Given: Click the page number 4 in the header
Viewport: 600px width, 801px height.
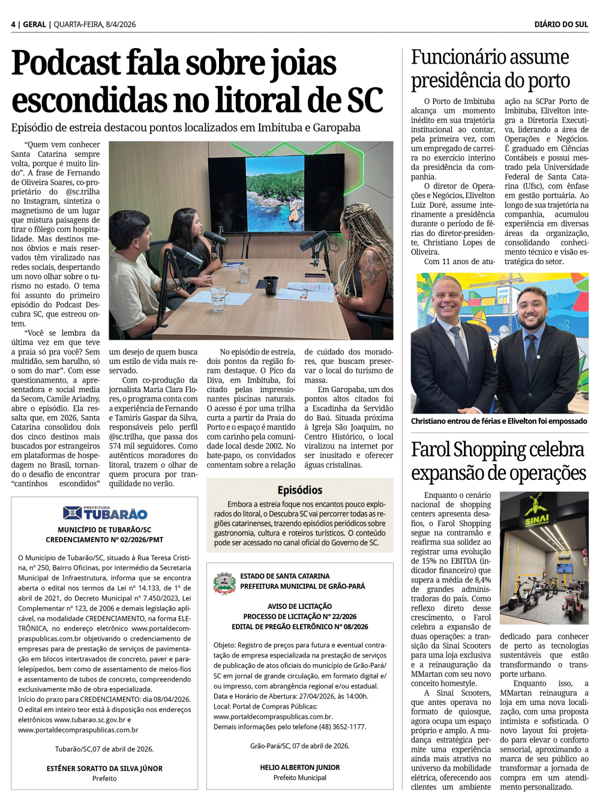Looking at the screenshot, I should (x=13, y=25).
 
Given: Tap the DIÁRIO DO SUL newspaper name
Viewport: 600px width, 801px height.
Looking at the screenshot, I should (x=561, y=25).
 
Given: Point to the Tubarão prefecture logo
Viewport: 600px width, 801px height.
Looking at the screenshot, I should (x=105, y=513).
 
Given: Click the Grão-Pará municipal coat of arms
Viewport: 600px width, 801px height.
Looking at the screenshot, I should (x=224, y=582).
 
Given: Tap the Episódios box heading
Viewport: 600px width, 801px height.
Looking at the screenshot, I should (x=300, y=490).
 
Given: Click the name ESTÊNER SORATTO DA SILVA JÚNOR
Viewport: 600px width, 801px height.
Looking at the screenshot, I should (x=104, y=769).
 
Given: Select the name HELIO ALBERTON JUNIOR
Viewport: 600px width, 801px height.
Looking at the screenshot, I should (x=300, y=767).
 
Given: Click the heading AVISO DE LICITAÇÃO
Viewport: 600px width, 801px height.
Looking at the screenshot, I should (x=299, y=606).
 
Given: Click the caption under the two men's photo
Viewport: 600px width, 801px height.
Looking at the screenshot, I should (x=499, y=421).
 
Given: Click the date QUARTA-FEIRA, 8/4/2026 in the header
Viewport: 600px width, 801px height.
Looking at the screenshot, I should (x=95, y=25).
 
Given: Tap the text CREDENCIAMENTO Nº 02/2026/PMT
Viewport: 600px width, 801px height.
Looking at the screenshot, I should (x=104, y=540).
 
